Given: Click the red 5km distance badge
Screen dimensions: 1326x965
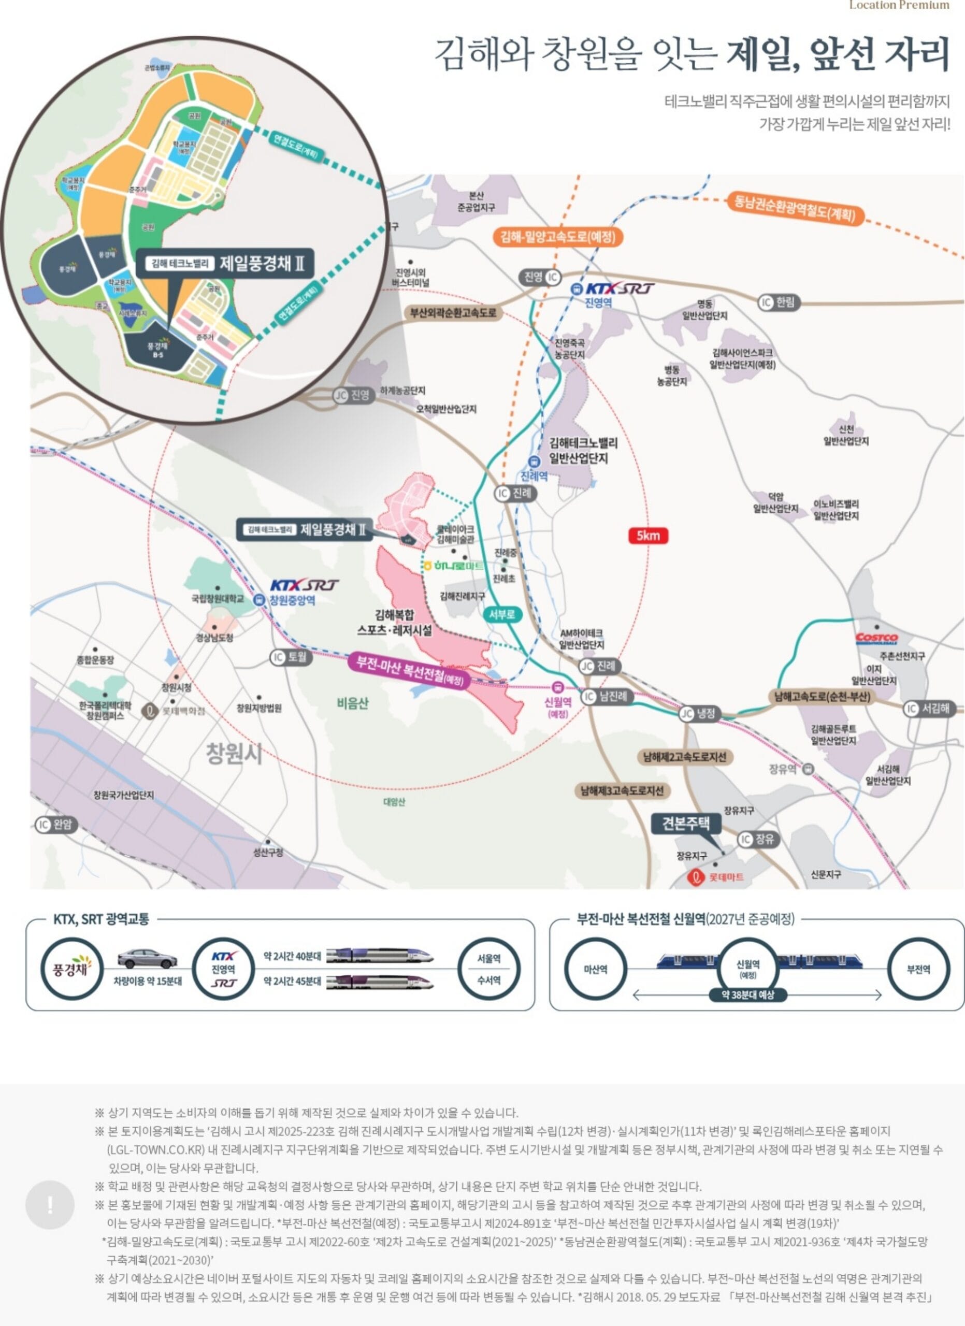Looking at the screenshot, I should [647, 536].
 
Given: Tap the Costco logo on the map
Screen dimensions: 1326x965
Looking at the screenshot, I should [876, 637].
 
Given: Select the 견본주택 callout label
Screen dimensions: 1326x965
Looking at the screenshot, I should [686, 823].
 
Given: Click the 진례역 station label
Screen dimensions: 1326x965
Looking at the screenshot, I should [534, 475].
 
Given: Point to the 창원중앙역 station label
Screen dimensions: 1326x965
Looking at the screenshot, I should [292, 600].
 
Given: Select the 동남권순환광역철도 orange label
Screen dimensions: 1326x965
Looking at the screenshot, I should [795, 208].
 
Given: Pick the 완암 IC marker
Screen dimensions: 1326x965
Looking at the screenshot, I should [55, 825].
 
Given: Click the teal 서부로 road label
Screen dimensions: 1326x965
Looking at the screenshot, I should [502, 614].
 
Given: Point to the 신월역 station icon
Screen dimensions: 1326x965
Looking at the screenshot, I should [558, 687].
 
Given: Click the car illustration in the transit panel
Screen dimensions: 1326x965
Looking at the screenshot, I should [147, 959].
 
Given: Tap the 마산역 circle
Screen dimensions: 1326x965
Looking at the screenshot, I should [596, 969].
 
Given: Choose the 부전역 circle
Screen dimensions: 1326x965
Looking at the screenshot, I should [918, 969].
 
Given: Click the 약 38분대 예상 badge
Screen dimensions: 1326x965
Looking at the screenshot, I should [747, 994].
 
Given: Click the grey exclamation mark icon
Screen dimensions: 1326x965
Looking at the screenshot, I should [50, 1204].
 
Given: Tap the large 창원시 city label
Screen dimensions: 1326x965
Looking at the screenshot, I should [234, 754].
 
